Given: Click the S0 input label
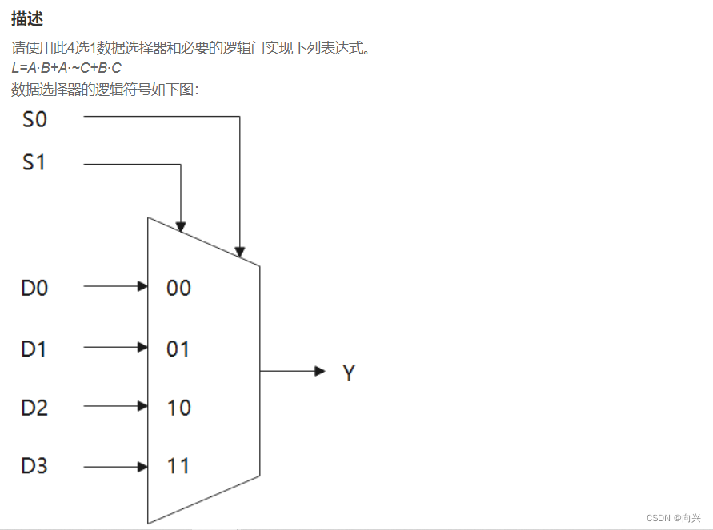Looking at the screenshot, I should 34,120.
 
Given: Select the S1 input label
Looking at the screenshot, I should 34,163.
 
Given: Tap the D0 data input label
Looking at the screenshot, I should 34,287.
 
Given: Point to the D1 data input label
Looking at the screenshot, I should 34,348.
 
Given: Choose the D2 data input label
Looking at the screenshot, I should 34,407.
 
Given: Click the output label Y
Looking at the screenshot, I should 348,373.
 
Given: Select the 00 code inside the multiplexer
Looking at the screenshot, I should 178,288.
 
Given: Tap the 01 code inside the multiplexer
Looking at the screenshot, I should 178,349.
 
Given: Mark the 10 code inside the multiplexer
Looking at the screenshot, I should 178,408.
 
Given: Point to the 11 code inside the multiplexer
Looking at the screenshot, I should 178,466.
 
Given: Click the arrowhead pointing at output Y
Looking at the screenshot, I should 320,371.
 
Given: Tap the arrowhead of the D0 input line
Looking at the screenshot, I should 143,286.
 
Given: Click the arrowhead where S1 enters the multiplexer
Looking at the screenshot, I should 182,226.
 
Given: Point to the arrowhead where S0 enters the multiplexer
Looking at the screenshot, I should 239,251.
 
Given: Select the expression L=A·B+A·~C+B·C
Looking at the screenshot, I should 66,68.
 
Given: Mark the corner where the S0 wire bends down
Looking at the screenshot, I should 239,117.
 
